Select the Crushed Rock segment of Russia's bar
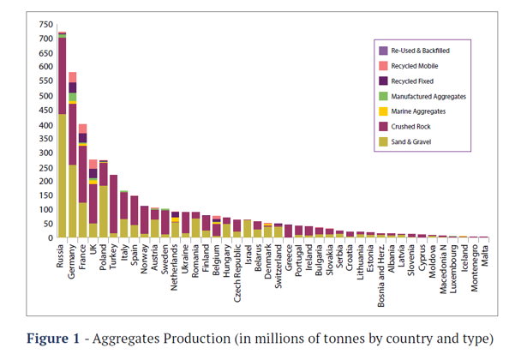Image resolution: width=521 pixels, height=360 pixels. click(x=62, y=76)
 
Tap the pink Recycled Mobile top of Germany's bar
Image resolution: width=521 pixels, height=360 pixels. click(x=73, y=77)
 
